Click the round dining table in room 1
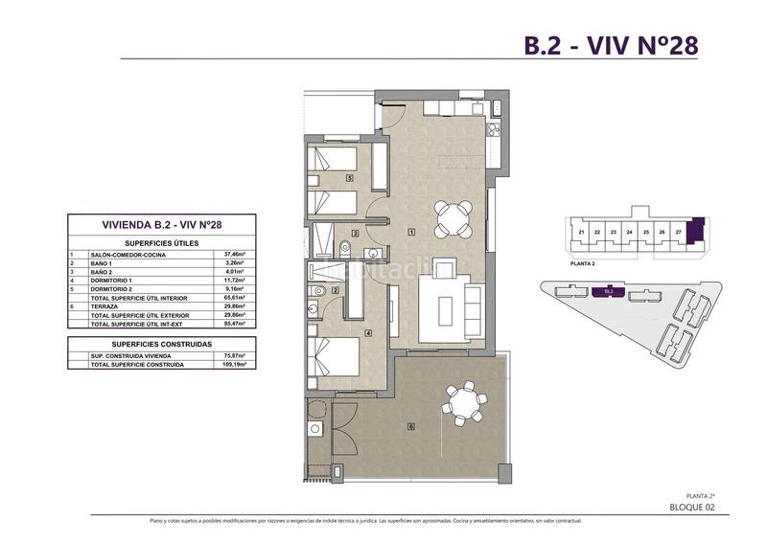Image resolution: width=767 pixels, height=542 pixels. point(453,216)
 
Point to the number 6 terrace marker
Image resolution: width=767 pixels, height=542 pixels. point(409,425)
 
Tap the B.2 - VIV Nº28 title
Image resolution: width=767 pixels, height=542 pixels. point(611,44)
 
